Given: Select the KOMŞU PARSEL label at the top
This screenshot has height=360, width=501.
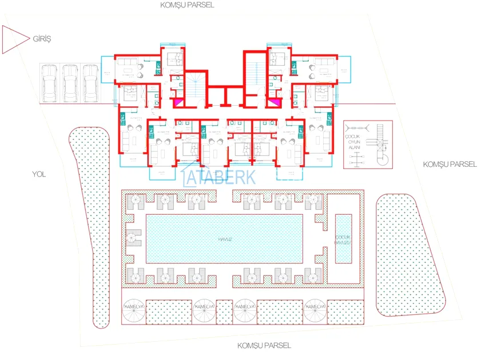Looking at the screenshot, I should click(x=188, y=5).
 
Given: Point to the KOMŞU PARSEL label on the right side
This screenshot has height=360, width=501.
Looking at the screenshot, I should click(x=450, y=164).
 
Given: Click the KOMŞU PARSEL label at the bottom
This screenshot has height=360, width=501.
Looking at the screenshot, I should click(x=264, y=345).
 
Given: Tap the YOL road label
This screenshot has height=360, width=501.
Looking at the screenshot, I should click(x=39, y=174).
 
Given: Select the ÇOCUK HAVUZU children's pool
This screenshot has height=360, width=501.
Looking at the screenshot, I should click(x=343, y=239).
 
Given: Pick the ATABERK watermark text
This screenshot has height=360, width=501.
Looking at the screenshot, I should click(x=220, y=177).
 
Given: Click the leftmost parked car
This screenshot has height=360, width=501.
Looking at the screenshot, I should click(x=50, y=82).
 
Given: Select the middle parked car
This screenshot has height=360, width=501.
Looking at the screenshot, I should click(x=70, y=82).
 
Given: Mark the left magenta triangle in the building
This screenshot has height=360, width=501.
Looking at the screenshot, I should click(x=179, y=102).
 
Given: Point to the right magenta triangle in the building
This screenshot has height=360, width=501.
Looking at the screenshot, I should click(x=275, y=102).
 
